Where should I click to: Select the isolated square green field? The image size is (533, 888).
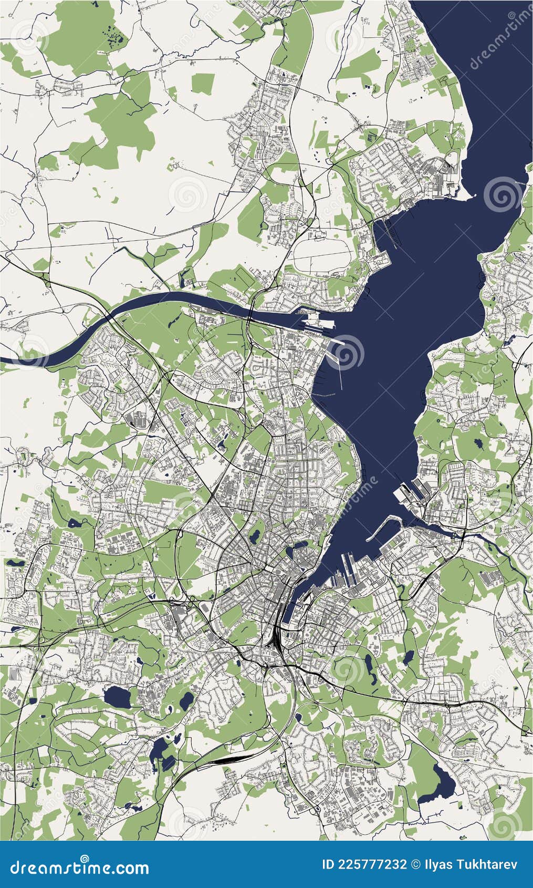coord(203,82)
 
